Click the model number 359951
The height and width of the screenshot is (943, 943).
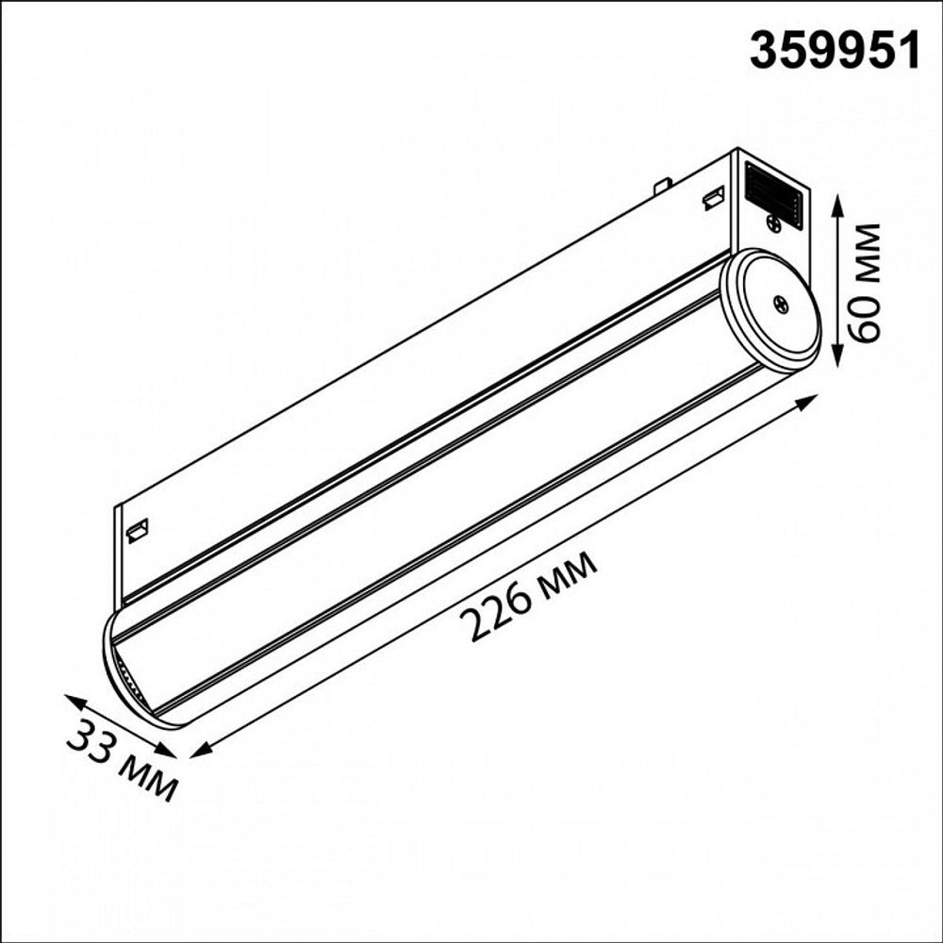834,51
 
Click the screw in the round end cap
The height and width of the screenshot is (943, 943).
781,303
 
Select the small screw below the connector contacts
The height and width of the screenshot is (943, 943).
773,223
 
